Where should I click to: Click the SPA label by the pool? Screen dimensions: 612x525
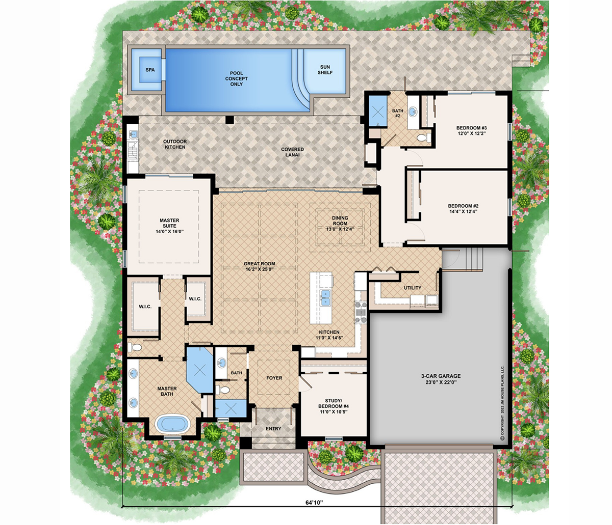[x=150, y=70]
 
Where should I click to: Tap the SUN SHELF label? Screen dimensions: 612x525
[x=325, y=70]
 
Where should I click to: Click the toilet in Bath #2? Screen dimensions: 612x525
[x=423, y=137]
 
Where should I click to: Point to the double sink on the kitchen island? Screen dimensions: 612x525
[x=326, y=298]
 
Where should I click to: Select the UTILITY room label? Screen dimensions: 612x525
[x=413, y=288]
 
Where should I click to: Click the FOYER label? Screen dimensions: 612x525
[x=274, y=378]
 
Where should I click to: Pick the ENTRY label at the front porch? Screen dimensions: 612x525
[x=273, y=428]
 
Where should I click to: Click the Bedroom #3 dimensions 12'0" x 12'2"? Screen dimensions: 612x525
[x=471, y=133]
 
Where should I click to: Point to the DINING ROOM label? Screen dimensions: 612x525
[x=340, y=220]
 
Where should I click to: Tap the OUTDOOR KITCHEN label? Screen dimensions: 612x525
[x=175, y=144]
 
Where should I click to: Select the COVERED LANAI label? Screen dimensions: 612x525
[x=292, y=152]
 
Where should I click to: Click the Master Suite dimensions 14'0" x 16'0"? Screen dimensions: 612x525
[x=170, y=232]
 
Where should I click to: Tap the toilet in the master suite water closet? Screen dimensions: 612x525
[x=135, y=348]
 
